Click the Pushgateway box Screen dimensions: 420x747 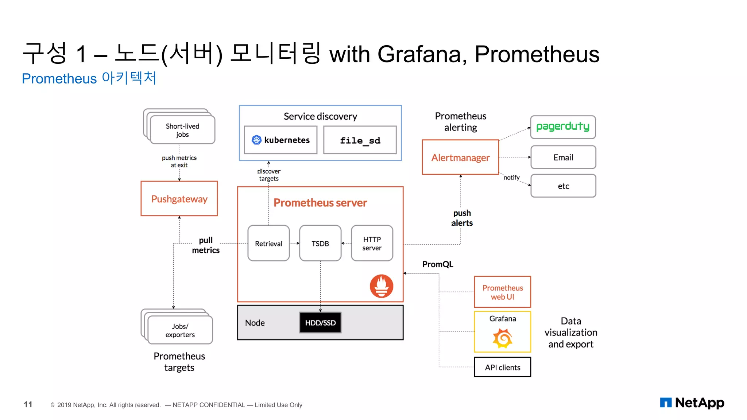pyautogui.click(x=179, y=199)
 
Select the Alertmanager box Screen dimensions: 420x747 pyautogui.click(x=460, y=157)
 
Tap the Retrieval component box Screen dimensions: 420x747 pyautogui.click(x=268, y=243)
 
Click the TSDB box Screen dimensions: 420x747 pyautogui.click(x=320, y=243)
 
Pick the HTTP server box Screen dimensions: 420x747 pyautogui.click(x=372, y=243)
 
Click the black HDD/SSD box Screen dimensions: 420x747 pyautogui.click(x=320, y=323)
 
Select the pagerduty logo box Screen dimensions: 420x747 pyautogui.click(x=563, y=127)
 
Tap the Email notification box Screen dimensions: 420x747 pyautogui.click(x=563, y=157)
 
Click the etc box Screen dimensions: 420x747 pyautogui.click(x=563, y=186)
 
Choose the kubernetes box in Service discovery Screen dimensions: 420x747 pyautogui.click(x=280, y=140)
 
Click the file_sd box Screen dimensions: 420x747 pyautogui.click(x=360, y=140)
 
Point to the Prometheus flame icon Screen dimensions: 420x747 pyautogui.click(x=382, y=286)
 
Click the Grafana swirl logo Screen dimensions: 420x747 pyautogui.click(x=503, y=338)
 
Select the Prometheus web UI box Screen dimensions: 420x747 pyautogui.click(x=502, y=292)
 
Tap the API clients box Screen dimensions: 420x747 pyautogui.click(x=502, y=367)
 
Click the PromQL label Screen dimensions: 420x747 pyautogui.click(x=438, y=264)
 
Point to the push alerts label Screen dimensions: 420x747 pyautogui.click(x=462, y=218)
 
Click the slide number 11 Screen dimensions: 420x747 pyautogui.click(x=28, y=404)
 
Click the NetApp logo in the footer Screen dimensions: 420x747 pyautogui.click(x=692, y=403)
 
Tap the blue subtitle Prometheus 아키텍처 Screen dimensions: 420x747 pyautogui.click(x=89, y=78)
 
